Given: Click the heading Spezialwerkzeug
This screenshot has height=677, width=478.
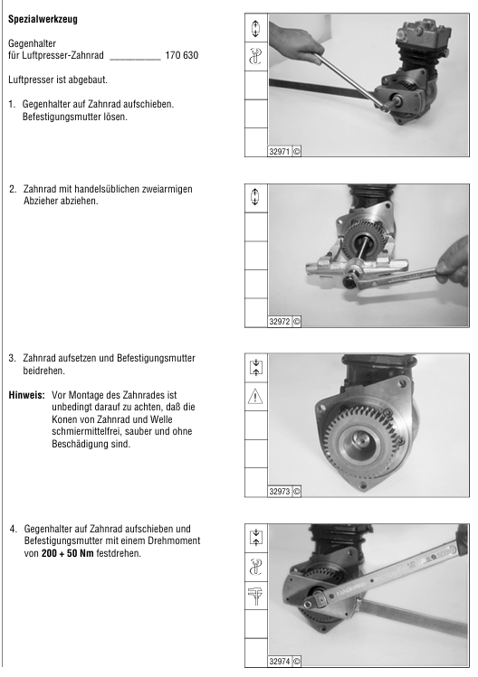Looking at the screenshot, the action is pos(43,19).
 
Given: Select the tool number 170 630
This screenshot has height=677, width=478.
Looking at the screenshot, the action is pos(182,56).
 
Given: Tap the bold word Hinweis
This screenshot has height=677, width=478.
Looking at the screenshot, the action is pos(26,395).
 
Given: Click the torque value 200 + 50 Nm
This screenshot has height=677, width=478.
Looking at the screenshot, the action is pos(68,553).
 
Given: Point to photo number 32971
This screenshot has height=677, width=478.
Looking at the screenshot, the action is pos(280,152).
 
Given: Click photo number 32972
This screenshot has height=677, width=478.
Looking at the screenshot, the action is pos(280,322).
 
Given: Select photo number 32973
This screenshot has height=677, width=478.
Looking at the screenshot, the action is pos(280,492).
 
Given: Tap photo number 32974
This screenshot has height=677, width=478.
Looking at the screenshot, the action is pos(280,662).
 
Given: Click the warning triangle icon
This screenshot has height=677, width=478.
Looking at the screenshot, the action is pos(255,397).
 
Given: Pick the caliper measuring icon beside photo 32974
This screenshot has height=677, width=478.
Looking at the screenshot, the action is pos(255,596).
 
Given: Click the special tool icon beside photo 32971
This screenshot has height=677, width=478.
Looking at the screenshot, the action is pos(255,57).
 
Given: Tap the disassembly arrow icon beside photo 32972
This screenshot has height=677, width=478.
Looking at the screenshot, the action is pos(255,197).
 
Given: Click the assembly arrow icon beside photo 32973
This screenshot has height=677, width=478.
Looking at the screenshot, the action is pos(255,368).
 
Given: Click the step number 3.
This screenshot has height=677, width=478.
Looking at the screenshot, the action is pos(12,358).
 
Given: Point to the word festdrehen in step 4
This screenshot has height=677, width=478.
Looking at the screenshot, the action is pos(119,553).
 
